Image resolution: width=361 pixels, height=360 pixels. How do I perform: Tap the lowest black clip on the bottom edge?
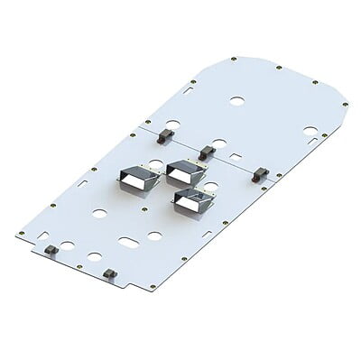(x=109, y=273)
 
